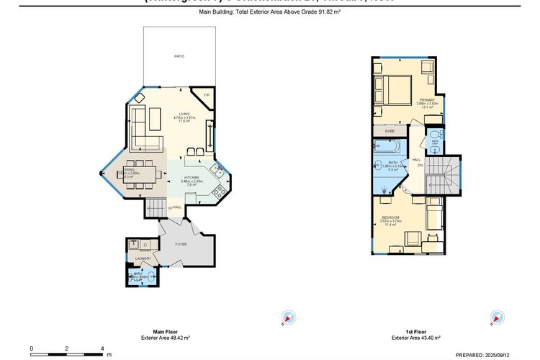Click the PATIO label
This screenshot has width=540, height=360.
[179, 55]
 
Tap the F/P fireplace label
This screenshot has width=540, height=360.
[205, 96]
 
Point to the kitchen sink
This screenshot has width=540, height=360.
[216, 171]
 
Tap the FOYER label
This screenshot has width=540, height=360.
[181, 245]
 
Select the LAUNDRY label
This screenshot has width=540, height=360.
[142, 258]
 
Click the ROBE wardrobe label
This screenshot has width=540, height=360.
[390, 131]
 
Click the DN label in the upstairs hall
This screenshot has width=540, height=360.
[420, 166]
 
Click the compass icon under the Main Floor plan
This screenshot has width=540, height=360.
[289, 318]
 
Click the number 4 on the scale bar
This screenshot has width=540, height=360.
[102, 348]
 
